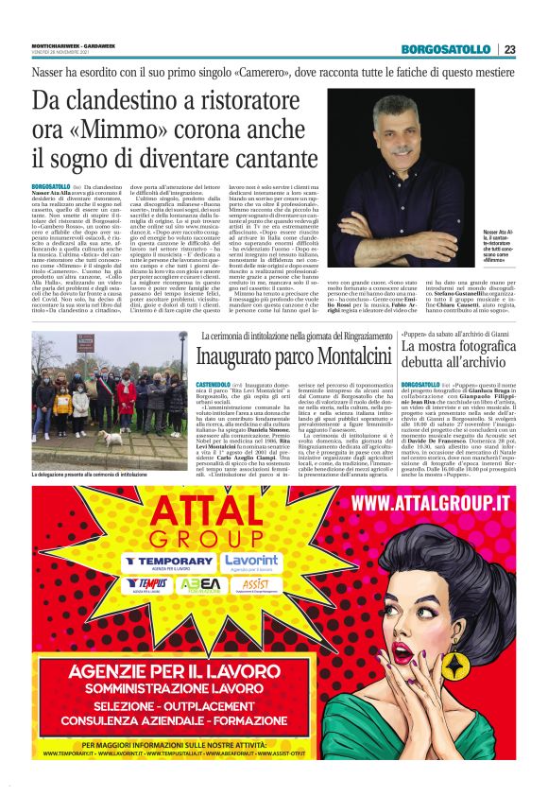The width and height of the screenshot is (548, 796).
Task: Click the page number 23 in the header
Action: coord(509,49)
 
